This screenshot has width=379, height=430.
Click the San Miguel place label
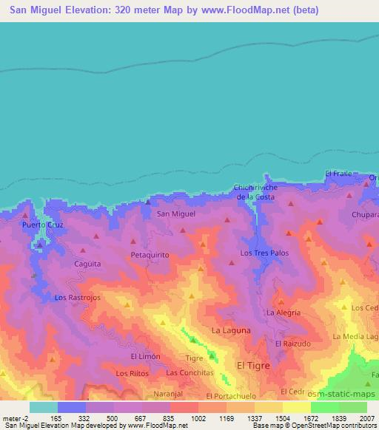click(176, 214)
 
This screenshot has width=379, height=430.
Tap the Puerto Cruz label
click(40, 224)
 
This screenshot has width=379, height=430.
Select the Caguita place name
click(87, 263)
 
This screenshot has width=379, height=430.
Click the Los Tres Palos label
click(264, 253)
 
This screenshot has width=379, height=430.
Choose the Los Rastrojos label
click(77, 297)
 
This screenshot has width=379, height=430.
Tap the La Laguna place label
click(231, 330)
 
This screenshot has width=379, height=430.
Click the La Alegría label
click(284, 313)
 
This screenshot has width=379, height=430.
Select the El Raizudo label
click(291, 344)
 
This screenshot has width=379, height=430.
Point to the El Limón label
click(145, 356)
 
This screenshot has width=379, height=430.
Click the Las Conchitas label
click(189, 373)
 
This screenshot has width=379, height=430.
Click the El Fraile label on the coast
click(337, 174)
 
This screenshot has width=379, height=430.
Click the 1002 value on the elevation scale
click(198, 418)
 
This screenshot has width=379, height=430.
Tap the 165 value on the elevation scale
click(58, 418)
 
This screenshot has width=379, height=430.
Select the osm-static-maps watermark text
click(338, 392)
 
